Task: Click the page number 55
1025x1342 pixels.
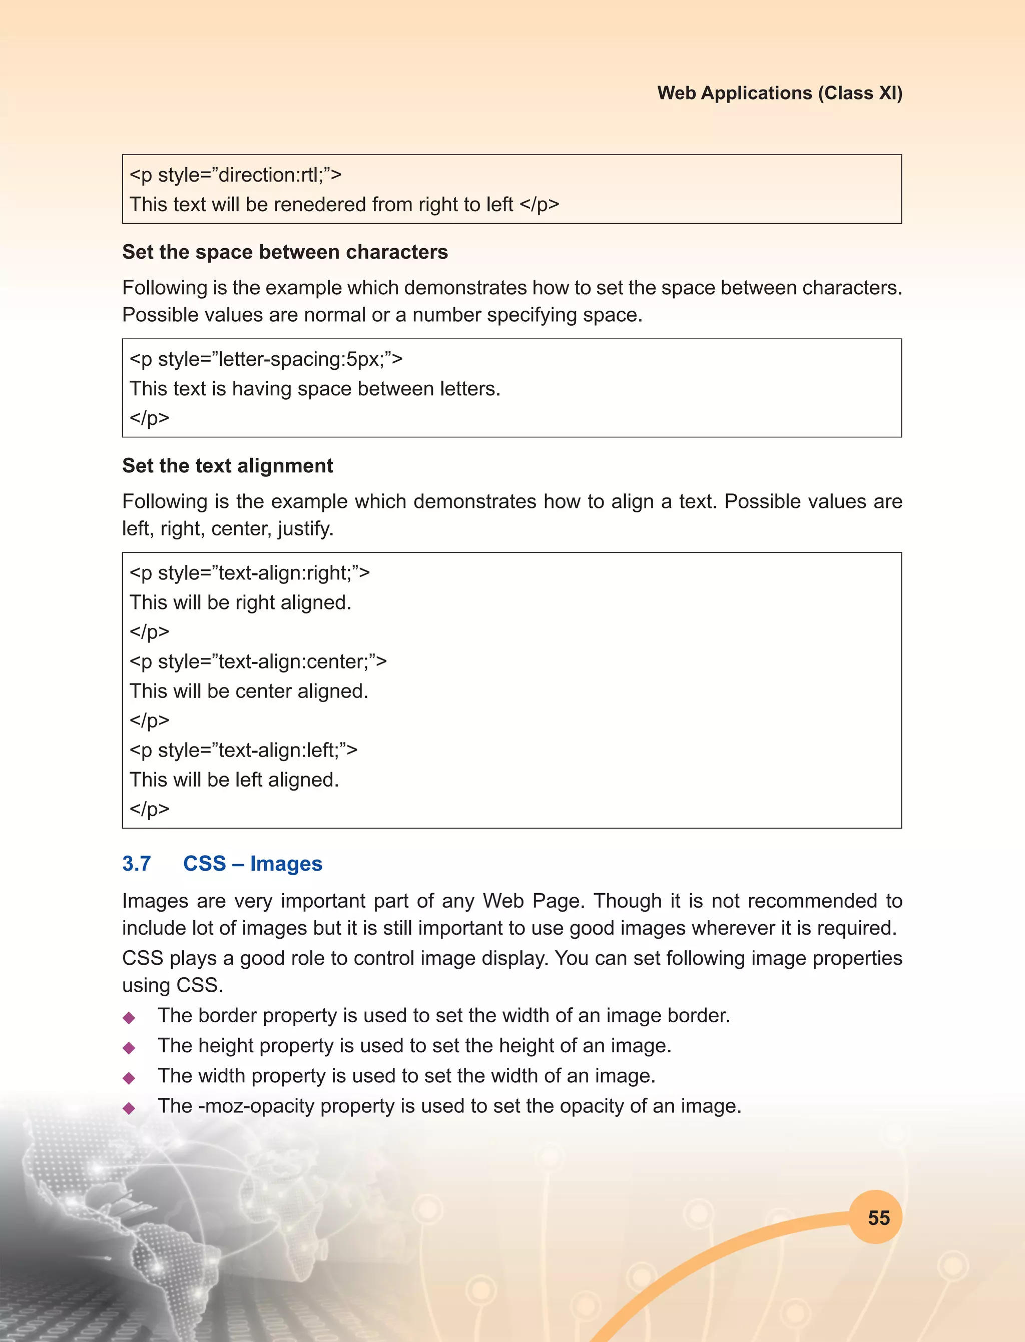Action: [878, 1217]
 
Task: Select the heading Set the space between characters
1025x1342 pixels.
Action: [285, 252]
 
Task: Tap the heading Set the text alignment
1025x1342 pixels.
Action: [228, 465]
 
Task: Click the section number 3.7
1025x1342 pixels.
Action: [137, 863]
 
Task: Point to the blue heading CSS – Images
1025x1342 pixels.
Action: [253, 863]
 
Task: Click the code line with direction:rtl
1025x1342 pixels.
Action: [236, 175]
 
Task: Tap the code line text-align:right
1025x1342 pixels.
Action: [250, 573]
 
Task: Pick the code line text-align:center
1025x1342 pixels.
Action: [258, 661]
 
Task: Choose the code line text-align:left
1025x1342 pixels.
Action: [243, 750]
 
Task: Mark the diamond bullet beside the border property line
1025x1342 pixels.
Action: [129, 1017]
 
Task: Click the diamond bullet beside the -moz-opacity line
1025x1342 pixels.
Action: [129, 1108]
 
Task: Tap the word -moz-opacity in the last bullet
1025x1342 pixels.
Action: [256, 1106]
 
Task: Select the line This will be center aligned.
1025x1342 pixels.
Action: [249, 691]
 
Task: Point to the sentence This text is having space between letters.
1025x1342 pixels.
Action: [315, 389]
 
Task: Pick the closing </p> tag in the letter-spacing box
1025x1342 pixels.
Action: [150, 418]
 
